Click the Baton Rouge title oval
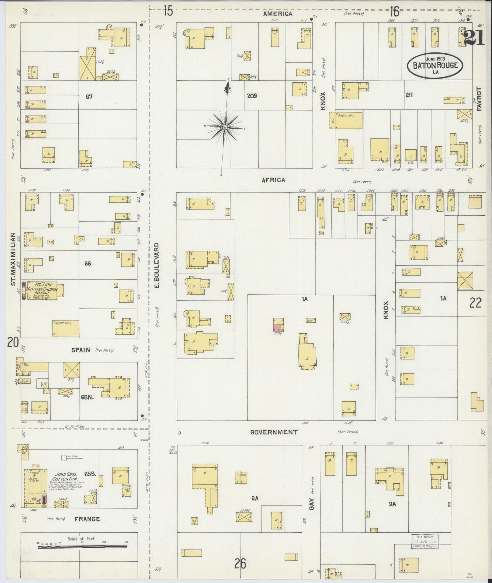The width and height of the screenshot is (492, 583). click(435, 65)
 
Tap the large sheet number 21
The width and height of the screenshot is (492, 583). click(473, 38)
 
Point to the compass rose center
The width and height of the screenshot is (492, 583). click(225, 127)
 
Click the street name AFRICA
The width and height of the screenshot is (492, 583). click(273, 180)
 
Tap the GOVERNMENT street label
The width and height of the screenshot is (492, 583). click(273, 432)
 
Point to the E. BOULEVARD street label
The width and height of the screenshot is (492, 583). click(157, 265)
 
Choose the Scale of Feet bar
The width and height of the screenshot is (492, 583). click(82, 546)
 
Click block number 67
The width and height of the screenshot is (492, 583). click(89, 97)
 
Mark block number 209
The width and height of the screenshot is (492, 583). click(252, 96)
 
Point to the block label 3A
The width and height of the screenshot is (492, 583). click(392, 504)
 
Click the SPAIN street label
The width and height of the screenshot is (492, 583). click(81, 350)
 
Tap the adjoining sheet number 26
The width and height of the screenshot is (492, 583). click(240, 564)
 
